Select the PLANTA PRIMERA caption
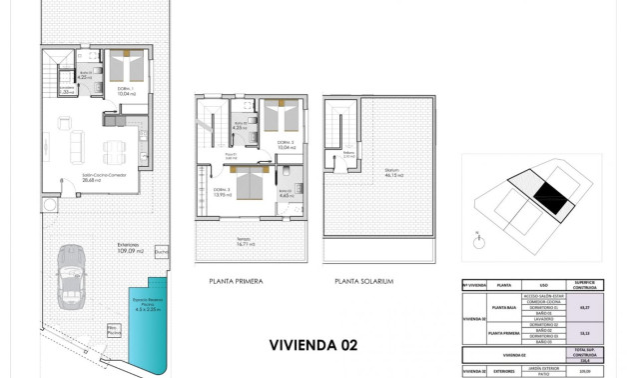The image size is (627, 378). tap(236, 282)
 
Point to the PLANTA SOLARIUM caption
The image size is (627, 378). tap(364, 282)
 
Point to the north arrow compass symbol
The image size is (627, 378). tap(479, 237)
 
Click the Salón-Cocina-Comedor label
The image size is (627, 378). tap(101, 179)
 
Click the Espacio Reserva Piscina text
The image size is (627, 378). tap(146, 297)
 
